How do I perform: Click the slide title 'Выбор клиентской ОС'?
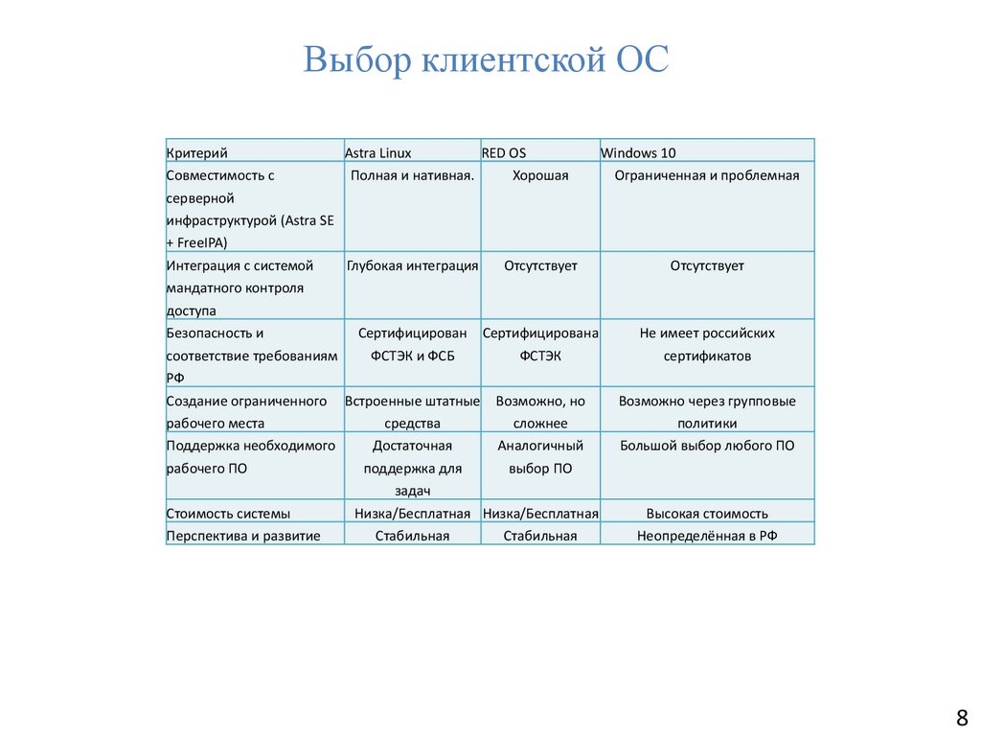coord(486,59)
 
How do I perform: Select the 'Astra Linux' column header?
coord(378,152)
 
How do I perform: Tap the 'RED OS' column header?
coord(504,152)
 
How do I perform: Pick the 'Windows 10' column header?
coord(639,152)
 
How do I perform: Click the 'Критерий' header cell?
coord(196,152)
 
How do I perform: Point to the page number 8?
coord(962,717)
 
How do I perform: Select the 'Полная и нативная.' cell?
coord(412,175)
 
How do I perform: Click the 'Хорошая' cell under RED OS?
coord(540,175)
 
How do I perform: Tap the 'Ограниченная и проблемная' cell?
coord(707,175)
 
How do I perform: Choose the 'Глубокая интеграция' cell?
coord(412,265)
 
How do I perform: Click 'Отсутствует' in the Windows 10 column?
coord(707,265)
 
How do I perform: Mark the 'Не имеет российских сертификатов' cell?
coord(707,344)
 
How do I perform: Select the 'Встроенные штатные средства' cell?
coord(412,411)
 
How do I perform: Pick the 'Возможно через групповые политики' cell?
coord(707,411)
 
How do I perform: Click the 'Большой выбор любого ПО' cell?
coord(707,446)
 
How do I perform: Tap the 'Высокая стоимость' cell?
coord(707,514)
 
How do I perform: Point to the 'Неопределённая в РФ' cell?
coord(707,536)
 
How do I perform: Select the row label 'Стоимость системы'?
coord(228,514)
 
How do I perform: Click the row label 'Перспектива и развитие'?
coord(243,536)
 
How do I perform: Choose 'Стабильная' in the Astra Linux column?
coord(412,536)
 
